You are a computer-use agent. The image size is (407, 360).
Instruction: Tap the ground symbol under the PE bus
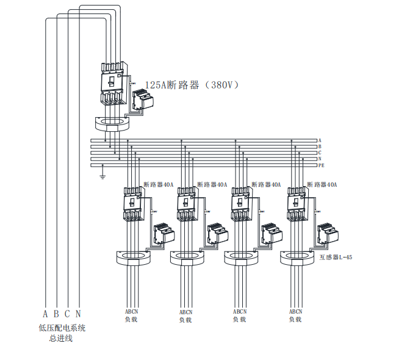(103, 175)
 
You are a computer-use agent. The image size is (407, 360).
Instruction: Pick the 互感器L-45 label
(336, 257)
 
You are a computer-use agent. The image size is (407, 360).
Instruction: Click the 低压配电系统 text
(62, 328)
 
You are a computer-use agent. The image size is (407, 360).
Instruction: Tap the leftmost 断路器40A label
(159, 184)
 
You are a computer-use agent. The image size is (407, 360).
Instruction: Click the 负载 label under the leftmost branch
(132, 319)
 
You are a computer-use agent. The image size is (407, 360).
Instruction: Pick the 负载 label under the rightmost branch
(296, 319)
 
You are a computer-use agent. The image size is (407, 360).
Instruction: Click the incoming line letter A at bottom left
(45, 315)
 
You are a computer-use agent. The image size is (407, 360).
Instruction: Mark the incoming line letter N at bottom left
(78, 315)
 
